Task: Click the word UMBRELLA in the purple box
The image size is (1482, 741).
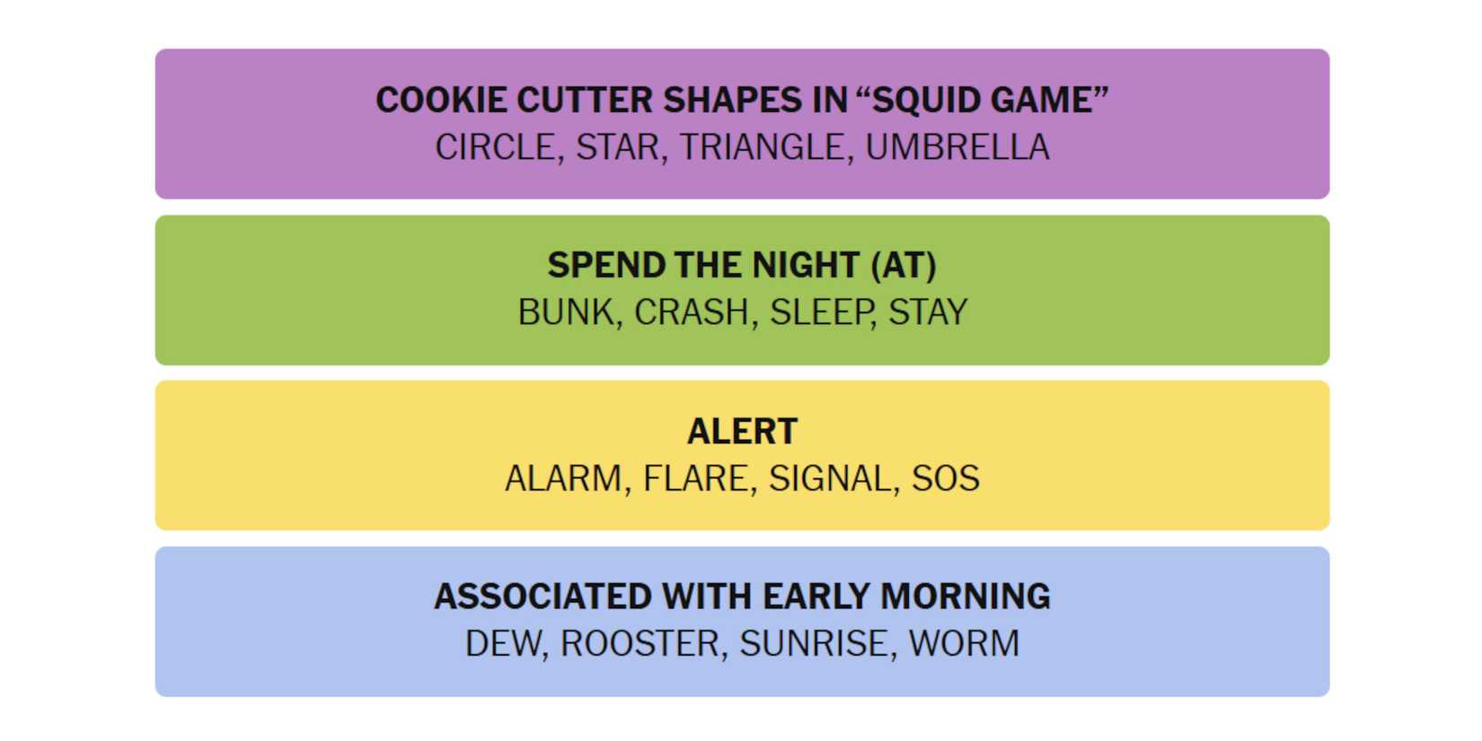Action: coord(957,147)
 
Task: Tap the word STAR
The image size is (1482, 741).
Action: coord(617,147)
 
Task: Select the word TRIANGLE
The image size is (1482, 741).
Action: coord(762,147)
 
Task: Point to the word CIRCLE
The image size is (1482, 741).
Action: coord(495,147)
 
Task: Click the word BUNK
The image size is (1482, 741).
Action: coord(566,313)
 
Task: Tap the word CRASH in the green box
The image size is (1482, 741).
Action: coord(692,313)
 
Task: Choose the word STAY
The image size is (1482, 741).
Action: coord(928,313)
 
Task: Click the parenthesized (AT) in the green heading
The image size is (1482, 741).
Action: coord(903,266)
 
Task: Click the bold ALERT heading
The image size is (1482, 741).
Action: coord(742,432)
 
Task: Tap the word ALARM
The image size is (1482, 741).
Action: coord(563,479)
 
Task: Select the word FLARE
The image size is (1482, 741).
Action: coord(695,479)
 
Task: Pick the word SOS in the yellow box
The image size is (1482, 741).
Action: coord(945,479)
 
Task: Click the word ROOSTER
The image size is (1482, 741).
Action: coord(640,644)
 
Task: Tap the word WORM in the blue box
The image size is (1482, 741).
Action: coord(964,644)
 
